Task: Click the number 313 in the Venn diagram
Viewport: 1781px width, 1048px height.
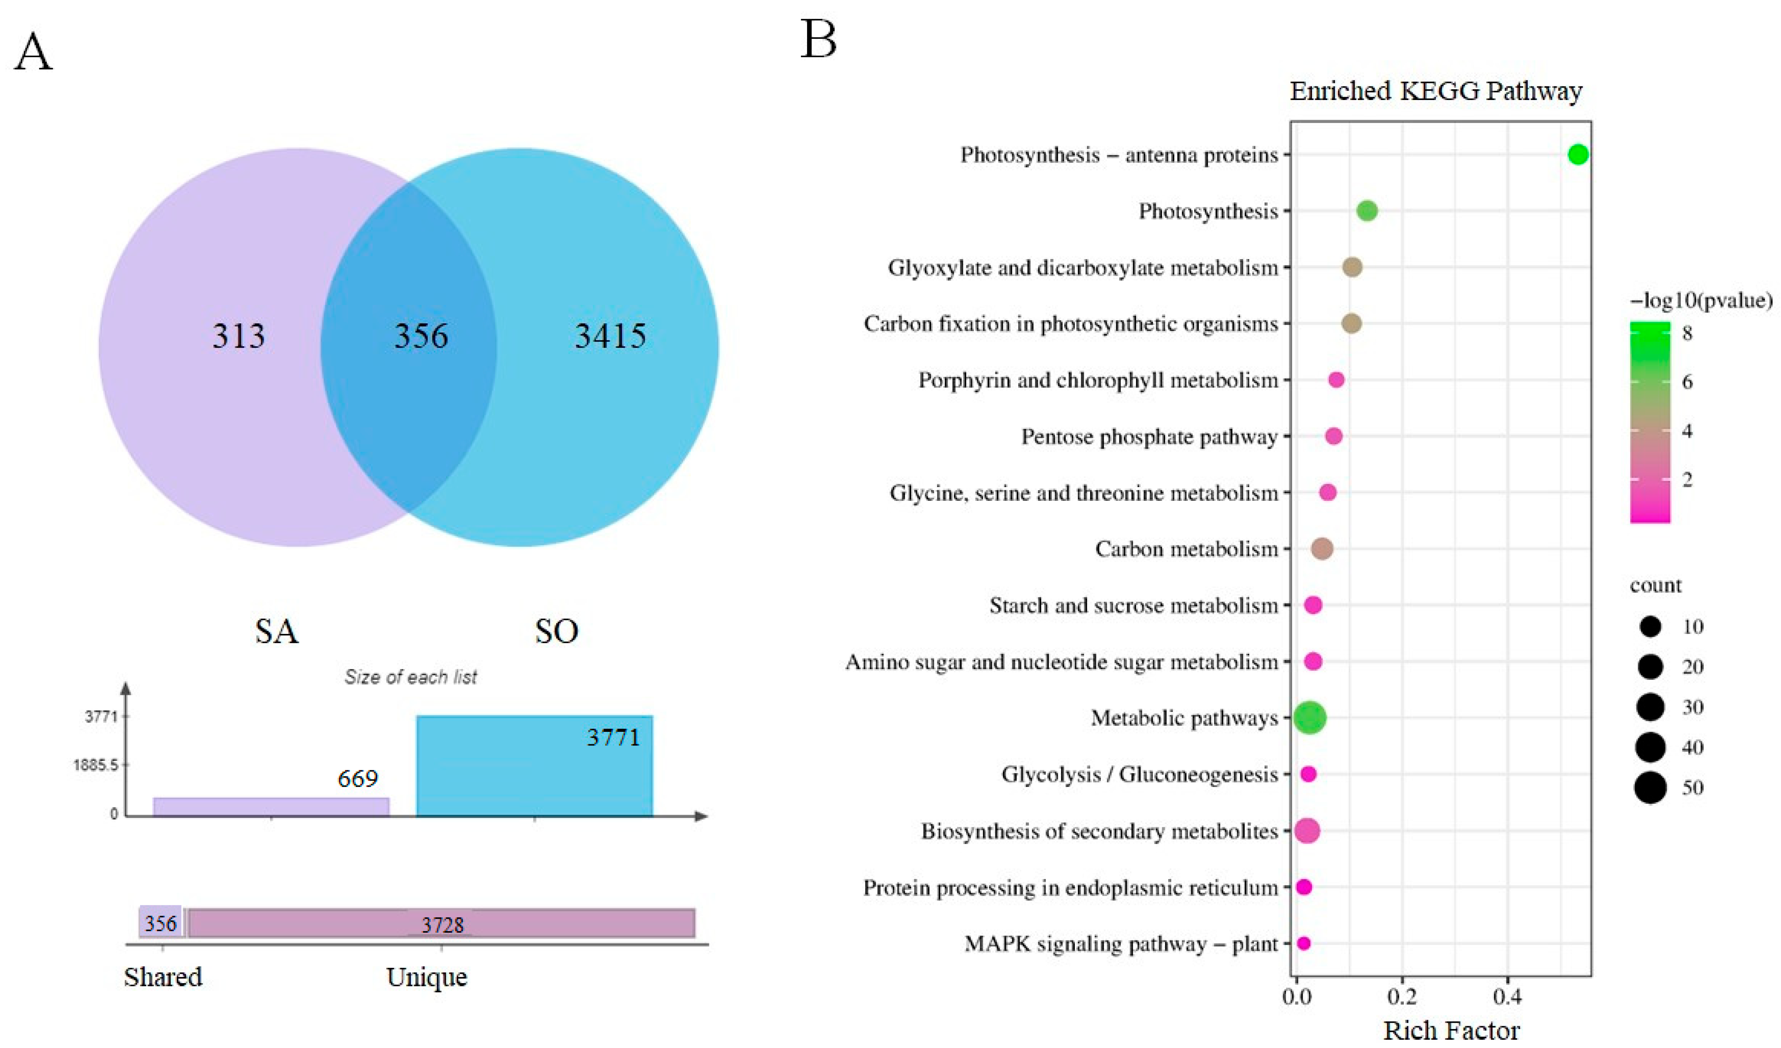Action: (239, 336)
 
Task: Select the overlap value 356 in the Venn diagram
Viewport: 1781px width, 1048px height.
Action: (421, 336)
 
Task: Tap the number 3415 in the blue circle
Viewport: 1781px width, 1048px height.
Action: (610, 336)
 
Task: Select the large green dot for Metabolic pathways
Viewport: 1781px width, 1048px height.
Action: (1310, 718)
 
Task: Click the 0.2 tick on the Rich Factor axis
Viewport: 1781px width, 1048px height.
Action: (1402, 998)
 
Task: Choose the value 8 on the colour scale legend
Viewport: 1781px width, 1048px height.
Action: (1688, 333)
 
